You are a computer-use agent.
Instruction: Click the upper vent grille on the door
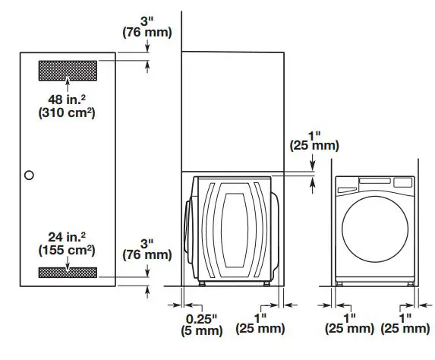[x=68, y=70]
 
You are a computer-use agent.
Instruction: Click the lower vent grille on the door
[x=68, y=272]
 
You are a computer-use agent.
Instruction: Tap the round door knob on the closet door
[x=29, y=175]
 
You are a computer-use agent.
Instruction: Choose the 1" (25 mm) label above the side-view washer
[x=314, y=138]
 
